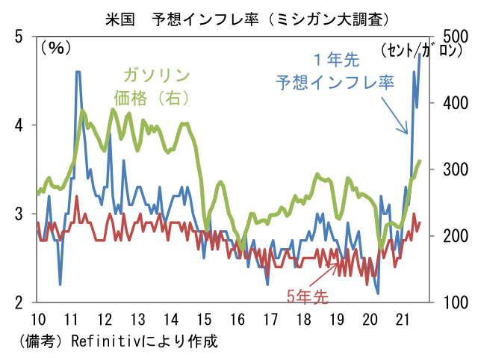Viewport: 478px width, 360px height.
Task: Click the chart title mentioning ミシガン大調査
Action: pyautogui.click(x=238, y=15)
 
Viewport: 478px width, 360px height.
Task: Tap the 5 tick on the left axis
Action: pyautogui.click(x=19, y=37)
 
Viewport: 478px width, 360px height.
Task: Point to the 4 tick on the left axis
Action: pyautogui.click(x=19, y=125)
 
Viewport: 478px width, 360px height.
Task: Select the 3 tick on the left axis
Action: pyautogui.click(x=19, y=214)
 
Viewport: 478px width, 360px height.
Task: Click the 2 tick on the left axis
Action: pyautogui.click(x=19, y=302)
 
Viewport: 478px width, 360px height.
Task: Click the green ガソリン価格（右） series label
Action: pyautogui.click(x=154, y=87)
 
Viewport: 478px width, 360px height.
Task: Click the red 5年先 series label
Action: pyautogui.click(x=307, y=296)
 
